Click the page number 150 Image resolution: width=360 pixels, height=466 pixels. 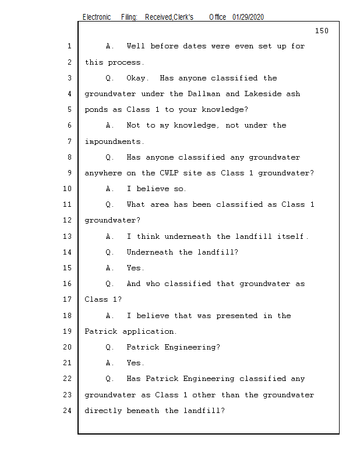point(322,31)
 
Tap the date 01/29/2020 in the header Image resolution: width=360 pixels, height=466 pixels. point(248,17)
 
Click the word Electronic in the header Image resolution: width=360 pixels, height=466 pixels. point(96,17)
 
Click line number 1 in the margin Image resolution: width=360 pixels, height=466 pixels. point(69,46)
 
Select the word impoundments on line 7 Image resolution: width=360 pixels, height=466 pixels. point(113,142)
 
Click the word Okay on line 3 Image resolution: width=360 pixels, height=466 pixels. point(137,78)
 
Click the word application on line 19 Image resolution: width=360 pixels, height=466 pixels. point(149,332)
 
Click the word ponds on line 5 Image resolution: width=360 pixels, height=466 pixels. point(97,110)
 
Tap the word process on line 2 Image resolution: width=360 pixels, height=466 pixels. point(125,62)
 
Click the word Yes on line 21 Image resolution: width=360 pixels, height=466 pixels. point(135,363)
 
